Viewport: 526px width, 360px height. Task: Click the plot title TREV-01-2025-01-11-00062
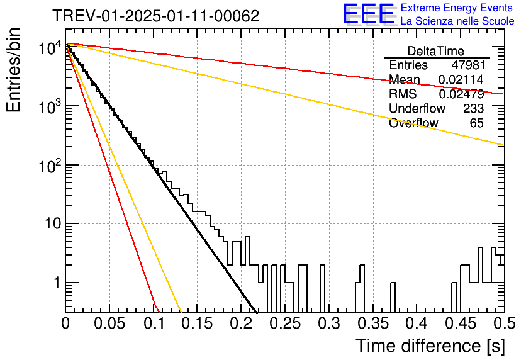tap(156, 16)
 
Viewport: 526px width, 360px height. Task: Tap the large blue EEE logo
tap(369, 14)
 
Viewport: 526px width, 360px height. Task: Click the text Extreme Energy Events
tap(457, 8)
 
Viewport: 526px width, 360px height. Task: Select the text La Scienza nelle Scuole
tap(457, 21)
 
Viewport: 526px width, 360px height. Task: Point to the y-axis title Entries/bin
tap(13, 70)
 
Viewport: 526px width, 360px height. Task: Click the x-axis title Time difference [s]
tap(430, 346)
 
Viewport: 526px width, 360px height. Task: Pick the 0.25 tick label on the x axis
tap(286, 323)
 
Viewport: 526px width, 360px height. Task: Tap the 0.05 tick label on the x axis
tap(109, 323)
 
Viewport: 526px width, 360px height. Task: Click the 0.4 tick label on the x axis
tap(417, 323)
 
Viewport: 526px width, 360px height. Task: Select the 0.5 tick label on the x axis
tap(505, 323)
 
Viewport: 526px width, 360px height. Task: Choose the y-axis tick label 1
tap(57, 283)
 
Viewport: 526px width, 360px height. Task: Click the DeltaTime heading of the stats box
tap(436, 51)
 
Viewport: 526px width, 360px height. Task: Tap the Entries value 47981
tap(468, 65)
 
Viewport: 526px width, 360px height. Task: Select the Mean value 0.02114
tap(461, 79)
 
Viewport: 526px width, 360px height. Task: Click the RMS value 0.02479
tap(461, 94)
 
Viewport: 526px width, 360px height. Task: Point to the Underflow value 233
tap(473, 108)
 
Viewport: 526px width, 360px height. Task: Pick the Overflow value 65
tap(477, 123)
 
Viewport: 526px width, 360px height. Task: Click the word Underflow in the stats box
tap(417, 108)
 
